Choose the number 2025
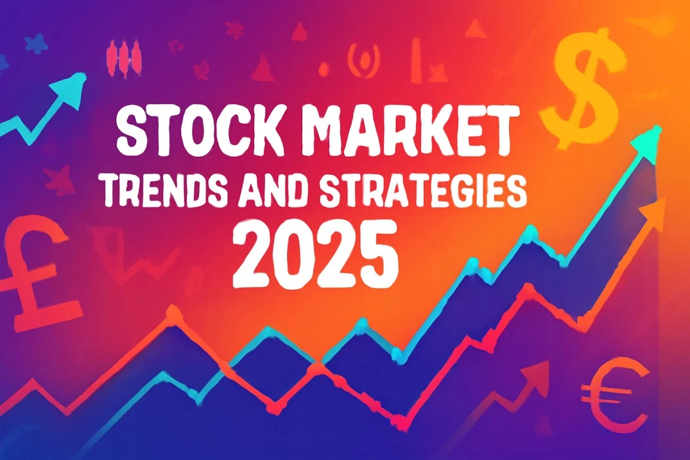coord(316,254)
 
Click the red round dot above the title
coord(324,69)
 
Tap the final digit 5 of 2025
coord(380,254)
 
